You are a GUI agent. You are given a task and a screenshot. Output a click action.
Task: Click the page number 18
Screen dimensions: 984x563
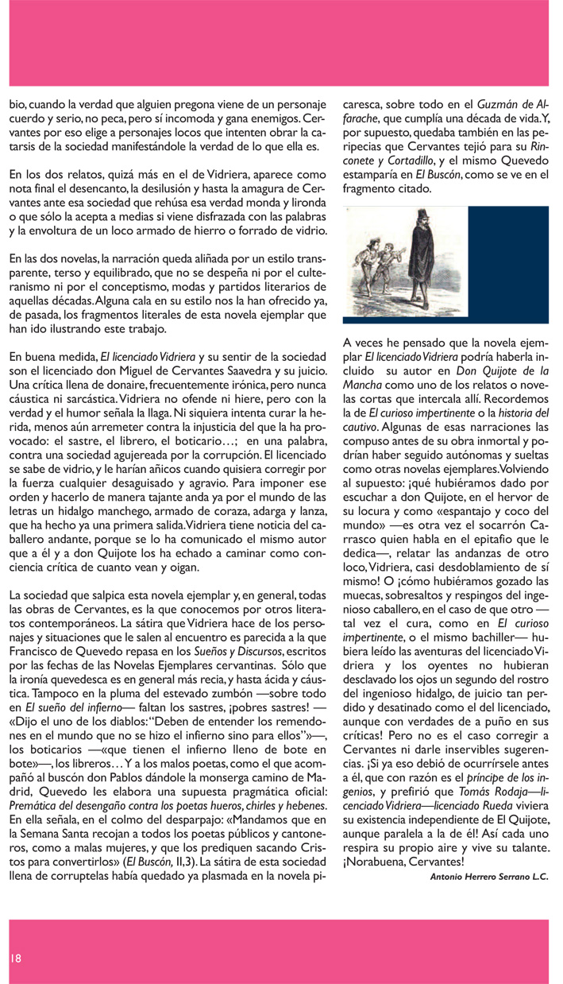pyautogui.click(x=15, y=958)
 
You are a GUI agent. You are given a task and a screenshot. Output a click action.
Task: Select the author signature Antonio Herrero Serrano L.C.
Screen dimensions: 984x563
pyautogui.click(x=488, y=877)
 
